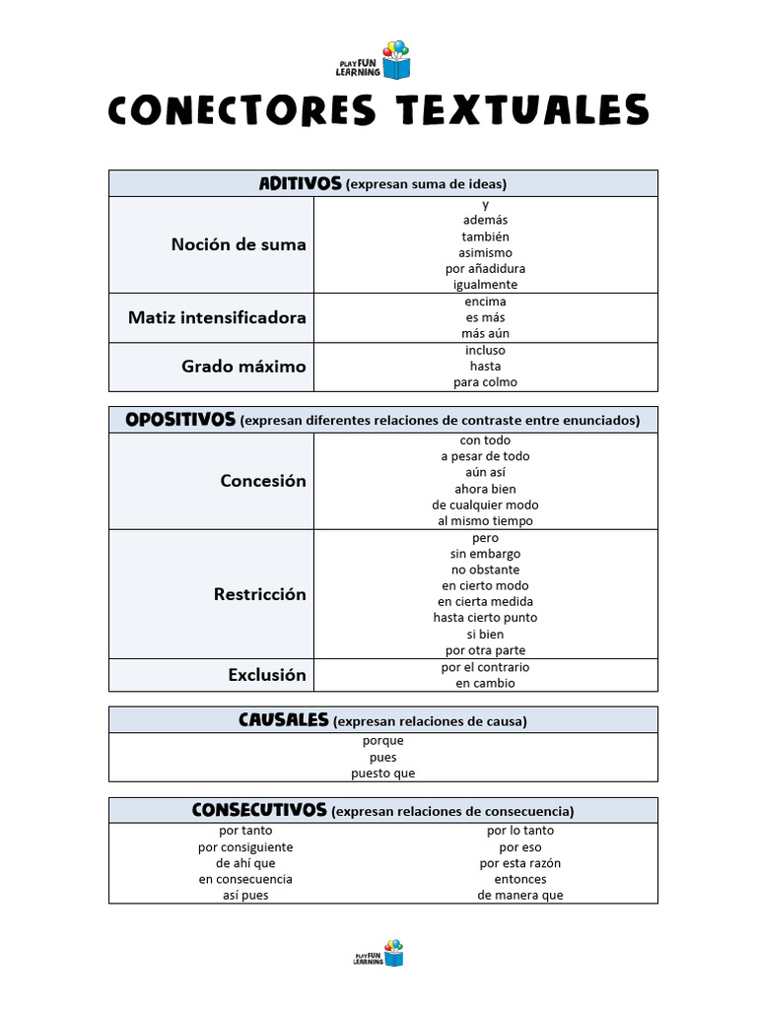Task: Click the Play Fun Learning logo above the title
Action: (383, 61)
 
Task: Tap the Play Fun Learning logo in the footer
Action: (378, 953)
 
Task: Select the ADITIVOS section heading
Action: (300, 183)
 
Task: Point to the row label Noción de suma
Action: (239, 244)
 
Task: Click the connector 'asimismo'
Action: (485, 252)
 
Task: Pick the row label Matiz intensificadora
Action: (217, 317)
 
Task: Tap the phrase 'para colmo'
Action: (485, 382)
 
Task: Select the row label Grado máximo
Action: (243, 366)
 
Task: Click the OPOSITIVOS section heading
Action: (180, 420)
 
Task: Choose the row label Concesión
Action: (263, 481)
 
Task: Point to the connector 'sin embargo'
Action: (485, 554)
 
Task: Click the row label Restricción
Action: (259, 594)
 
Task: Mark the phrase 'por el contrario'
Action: (485, 667)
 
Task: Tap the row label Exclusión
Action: (267, 675)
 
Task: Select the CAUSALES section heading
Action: (283, 720)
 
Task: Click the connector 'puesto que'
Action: (383, 774)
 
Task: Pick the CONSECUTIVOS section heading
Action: (259, 810)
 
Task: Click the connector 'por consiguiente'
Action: (245, 847)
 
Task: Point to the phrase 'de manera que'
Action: (520, 896)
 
